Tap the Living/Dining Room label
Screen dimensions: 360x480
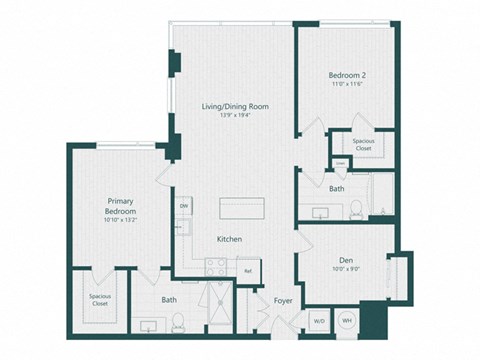[236, 106]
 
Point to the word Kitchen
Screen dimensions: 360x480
[231, 239]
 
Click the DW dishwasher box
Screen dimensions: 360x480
[184, 207]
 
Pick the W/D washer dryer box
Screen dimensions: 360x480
[318, 321]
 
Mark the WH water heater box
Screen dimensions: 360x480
[347, 321]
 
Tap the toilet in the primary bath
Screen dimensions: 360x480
[177, 321]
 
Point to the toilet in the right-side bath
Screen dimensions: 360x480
[356, 208]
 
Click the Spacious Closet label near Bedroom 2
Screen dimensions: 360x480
[364, 145]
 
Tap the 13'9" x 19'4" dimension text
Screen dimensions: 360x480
[236, 116]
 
